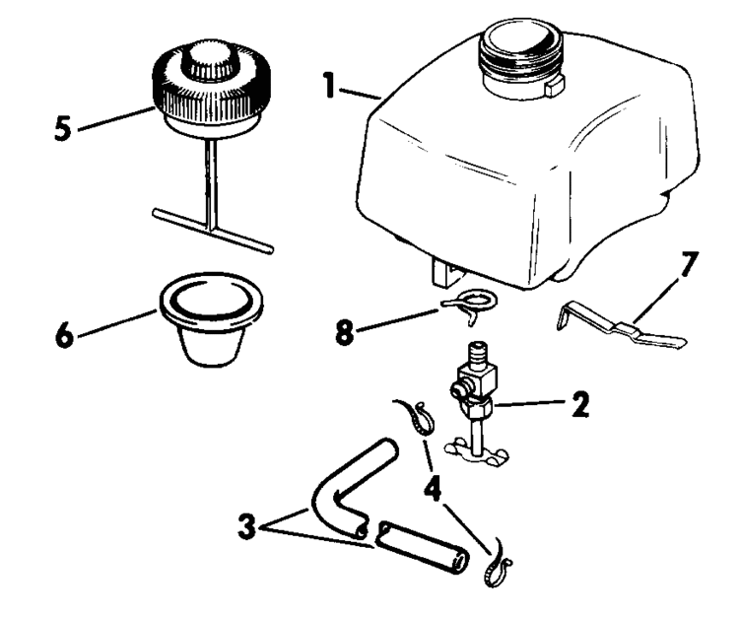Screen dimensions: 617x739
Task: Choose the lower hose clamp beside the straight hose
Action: [x=498, y=569]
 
